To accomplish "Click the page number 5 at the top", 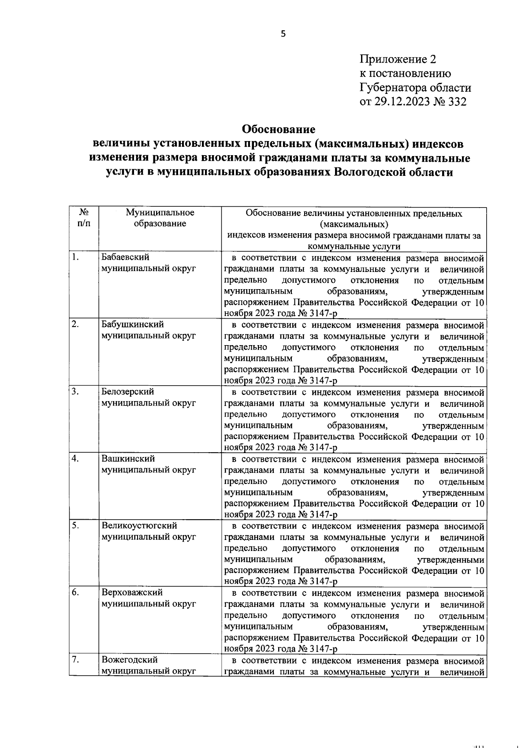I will (283, 34).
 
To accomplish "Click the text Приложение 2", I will (398, 59).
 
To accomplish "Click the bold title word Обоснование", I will (279, 130).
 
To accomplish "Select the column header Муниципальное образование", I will (160, 218).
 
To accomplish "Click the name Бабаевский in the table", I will (125, 257).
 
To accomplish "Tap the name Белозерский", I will (128, 391).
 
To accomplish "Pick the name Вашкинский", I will (128, 458).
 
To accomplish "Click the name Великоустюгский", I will (139, 525).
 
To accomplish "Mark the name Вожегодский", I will (130, 660).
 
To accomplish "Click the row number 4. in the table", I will (75, 458).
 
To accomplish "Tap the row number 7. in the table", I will (75, 660).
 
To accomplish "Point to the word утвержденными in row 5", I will (450, 560).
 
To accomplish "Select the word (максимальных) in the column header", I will (354, 225).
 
